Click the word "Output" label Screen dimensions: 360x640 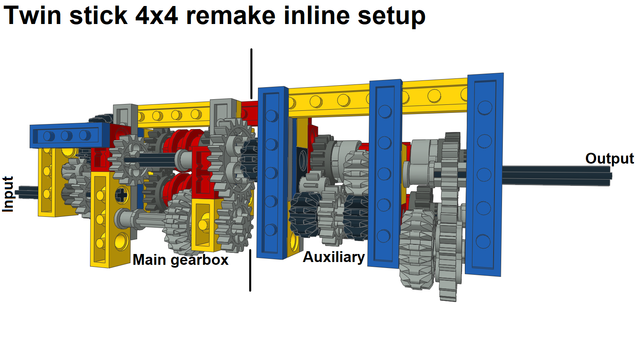609,158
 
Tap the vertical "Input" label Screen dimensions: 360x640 8,194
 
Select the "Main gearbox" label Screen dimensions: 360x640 180,260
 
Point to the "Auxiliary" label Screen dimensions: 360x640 334,257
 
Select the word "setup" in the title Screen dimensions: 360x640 391,16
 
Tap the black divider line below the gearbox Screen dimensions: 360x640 250,270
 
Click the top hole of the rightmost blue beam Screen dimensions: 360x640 485,108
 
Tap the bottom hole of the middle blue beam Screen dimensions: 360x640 384,236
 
